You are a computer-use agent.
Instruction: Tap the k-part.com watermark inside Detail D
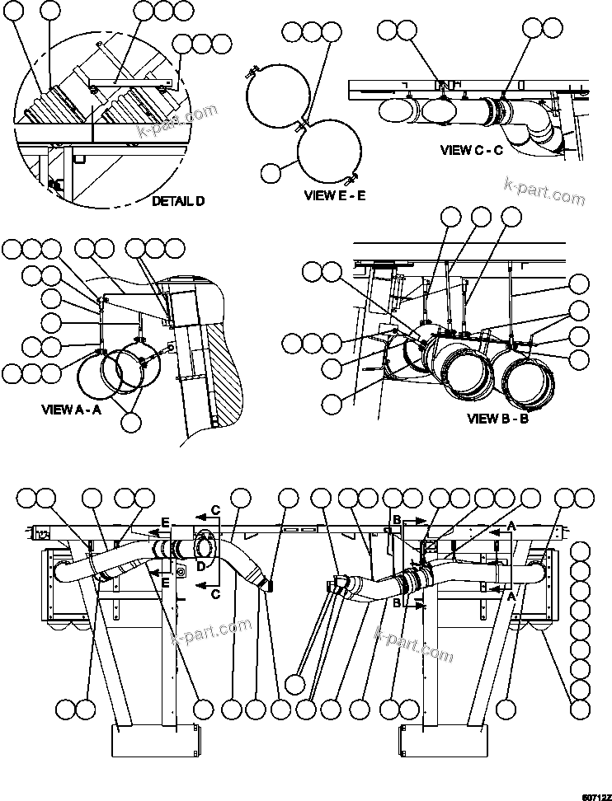[x=186, y=122]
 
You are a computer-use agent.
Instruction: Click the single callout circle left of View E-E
[x=270, y=172]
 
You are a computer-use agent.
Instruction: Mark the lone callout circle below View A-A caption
[x=130, y=421]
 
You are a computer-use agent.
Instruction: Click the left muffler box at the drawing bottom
[x=156, y=740]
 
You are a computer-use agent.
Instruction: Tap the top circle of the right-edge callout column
[x=580, y=551]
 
